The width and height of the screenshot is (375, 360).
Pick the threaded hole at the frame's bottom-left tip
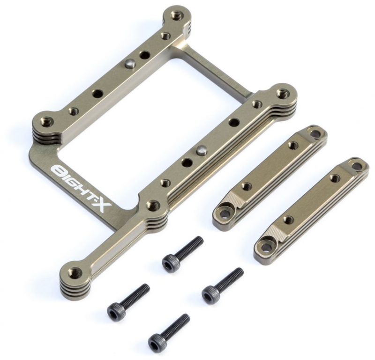click(x=74, y=272)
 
